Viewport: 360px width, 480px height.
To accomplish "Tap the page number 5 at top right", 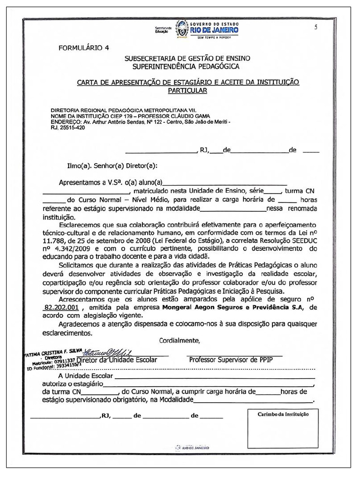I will pos(316,27).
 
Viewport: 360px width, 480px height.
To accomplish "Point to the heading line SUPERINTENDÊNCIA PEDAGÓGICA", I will pos(187,67).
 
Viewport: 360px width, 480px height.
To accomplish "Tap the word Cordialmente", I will pos(180,340).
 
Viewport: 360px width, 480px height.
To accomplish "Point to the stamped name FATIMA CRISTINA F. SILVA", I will pos(52,352).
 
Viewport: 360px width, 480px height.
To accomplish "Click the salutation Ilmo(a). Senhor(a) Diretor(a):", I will pos(112,165).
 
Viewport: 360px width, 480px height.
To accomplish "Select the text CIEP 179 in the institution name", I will pos(121,116).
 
